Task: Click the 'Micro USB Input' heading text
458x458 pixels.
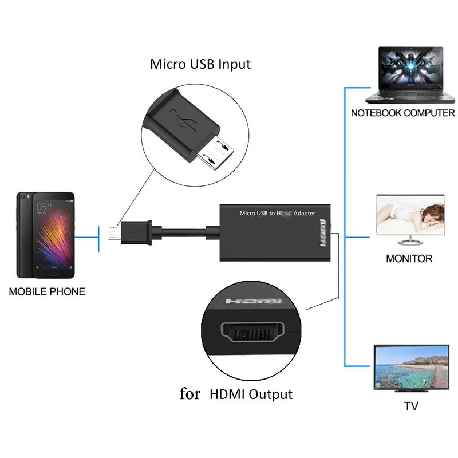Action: tap(200, 64)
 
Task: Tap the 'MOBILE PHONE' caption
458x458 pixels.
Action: tap(47, 291)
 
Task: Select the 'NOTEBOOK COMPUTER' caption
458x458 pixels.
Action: tap(402, 113)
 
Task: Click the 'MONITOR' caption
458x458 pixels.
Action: tap(409, 258)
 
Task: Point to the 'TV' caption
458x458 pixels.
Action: tap(410, 406)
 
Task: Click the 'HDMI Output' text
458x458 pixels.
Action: tap(251, 394)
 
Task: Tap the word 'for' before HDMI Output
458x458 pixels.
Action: tap(190, 394)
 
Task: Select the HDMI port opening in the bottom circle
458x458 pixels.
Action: tap(251, 333)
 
